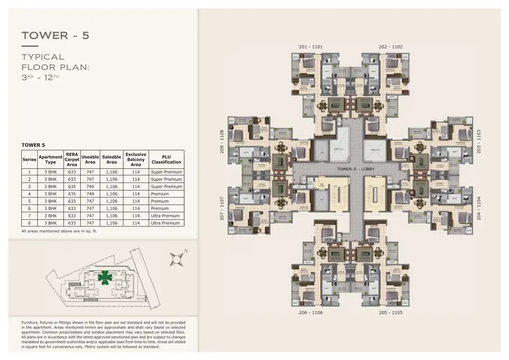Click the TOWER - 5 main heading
[x=56, y=36]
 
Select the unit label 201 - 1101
[x=311, y=47]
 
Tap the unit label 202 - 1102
[x=390, y=47]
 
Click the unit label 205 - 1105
[x=390, y=312]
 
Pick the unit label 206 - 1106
[x=311, y=312]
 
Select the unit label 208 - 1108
[x=221, y=141]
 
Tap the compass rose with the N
[x=176, y=259]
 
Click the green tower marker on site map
[x=104, y=277]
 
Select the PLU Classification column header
[x=166, y=159]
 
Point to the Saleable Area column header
[x=111, y=159]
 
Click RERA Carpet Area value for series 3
[x=72, y=186]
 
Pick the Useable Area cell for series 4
[x=90, y=194]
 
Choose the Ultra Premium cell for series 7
[x=165, y=216]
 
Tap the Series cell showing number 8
[x=29, y=223]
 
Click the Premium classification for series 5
[x=160, y=201]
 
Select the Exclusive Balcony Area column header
[x=136, y=159]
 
